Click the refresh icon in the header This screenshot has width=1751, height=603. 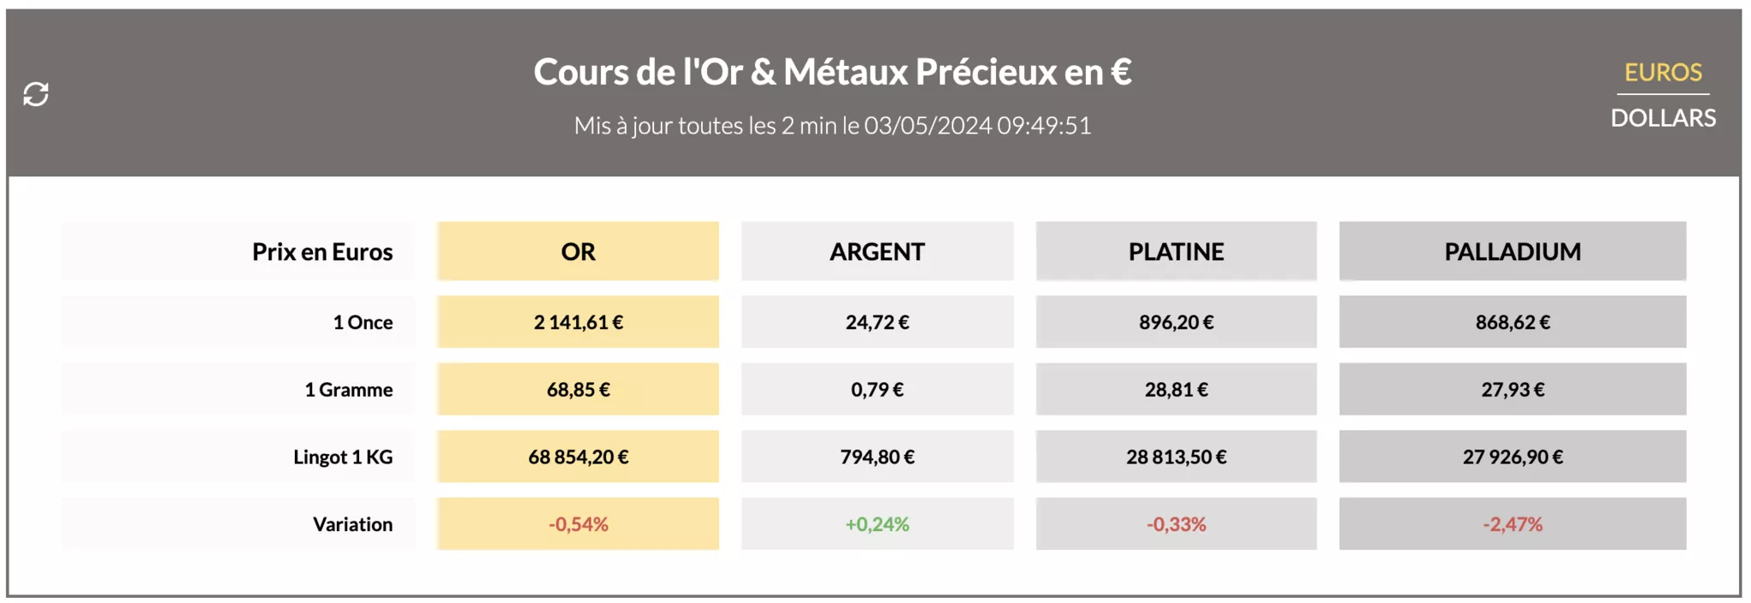[x=36, y=94]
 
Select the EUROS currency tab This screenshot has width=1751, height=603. [x=1663, y=73]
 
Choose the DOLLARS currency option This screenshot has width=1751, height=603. [x=1663, y=118]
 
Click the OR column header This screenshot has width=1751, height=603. [x=578, y=251]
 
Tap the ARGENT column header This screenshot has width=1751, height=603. [x=877, y=251]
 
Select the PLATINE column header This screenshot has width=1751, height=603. [x=1176, y=251]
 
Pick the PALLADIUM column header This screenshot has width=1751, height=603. [x=1512, y=251]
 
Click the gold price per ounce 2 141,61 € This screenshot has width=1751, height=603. [x=578, y=322]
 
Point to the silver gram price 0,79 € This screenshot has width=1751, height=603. [x=877, y=390]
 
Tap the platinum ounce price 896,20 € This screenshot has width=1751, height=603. [x=1176, y=322]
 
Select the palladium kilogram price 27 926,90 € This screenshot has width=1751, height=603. [x=1512, y=457]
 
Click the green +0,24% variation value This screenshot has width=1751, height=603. [x=877, y=524]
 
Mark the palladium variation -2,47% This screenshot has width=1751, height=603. [x=1512, y=524]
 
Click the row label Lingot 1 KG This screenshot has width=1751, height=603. [x=343, y=457]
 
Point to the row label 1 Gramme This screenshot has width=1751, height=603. [x=349, y=390]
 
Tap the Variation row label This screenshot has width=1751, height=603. [x=352, y=524]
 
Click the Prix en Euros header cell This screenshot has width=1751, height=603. [x=322, y=251]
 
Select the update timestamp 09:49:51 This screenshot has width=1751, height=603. [x=1044, y=126]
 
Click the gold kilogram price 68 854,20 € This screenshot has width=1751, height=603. [x=578, y=457]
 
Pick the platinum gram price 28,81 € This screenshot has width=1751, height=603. [x=1176, y=390]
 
